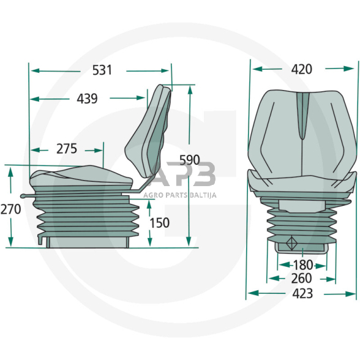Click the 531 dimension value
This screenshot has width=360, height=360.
(x=102, y=70)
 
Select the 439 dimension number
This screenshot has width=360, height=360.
(x=87, y=99)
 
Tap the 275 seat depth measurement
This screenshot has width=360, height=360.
(x=67, y=149)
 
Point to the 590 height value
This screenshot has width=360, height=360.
(x=190, y=160)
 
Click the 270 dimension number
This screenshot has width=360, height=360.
(x=11, y=209)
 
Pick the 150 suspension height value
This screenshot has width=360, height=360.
(x=160, y=223)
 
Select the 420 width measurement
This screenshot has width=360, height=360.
(x=302, y=69)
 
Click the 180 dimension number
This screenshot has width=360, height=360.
(x=303, y=265)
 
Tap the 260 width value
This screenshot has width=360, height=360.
(x=302, y=279)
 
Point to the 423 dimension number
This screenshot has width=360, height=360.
(x=302, y=293)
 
